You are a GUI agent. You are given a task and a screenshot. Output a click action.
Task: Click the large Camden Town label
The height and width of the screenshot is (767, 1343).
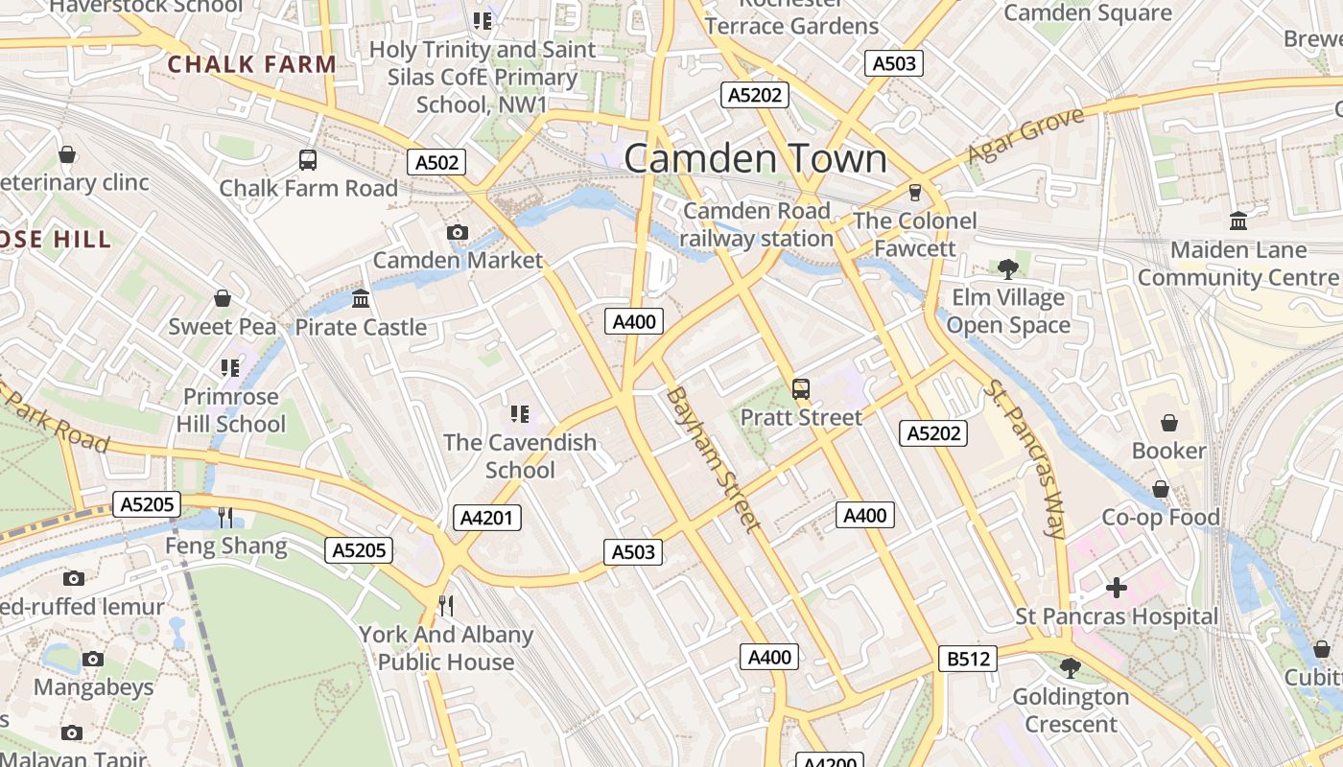756,158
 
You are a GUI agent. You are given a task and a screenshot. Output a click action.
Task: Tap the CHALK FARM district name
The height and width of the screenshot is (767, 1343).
252,64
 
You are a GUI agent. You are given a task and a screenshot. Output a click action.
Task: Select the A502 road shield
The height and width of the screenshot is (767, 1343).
436,162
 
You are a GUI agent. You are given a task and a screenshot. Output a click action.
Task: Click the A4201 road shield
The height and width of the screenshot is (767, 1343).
487,518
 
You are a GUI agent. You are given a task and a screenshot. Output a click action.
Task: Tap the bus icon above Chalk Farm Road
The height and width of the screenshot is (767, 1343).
308,160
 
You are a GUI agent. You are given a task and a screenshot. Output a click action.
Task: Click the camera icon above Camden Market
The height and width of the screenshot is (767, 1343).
458,232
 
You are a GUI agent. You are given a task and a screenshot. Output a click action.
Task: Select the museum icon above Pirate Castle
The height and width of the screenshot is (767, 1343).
361,299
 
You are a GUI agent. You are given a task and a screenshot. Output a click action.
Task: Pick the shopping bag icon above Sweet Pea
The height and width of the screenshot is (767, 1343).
223,298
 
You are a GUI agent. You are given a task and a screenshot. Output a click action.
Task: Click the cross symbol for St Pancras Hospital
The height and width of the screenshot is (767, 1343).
1117,588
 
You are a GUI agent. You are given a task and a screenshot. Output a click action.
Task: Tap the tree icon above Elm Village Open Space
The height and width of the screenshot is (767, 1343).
1007,268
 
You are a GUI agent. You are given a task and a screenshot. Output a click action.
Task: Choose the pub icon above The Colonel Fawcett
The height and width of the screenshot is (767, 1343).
915,192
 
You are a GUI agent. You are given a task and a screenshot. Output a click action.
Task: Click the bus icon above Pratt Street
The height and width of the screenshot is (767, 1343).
801,388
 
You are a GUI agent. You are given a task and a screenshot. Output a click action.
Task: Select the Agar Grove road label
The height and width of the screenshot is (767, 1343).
1025,135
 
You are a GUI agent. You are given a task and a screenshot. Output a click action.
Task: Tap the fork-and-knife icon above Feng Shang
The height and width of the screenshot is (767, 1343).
225,518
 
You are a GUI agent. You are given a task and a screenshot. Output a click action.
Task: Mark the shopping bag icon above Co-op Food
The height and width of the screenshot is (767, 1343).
1161,489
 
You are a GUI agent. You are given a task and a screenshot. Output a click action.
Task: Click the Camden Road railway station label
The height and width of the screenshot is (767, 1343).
757,224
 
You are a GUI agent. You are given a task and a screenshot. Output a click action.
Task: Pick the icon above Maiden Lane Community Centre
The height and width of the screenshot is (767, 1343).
1238,221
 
